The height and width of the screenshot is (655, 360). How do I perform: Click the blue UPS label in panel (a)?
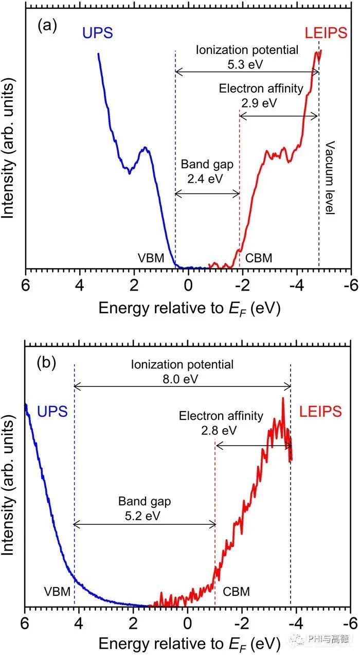point(96,34)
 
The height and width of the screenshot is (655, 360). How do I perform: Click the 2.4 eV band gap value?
point(207,179)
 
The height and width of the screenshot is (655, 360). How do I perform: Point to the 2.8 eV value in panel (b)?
point(221,430)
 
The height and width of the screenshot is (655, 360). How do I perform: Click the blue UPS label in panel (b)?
point(53,411)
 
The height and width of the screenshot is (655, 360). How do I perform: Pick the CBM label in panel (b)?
point(236,592)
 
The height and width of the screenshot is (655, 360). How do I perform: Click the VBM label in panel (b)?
point(57,592)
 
